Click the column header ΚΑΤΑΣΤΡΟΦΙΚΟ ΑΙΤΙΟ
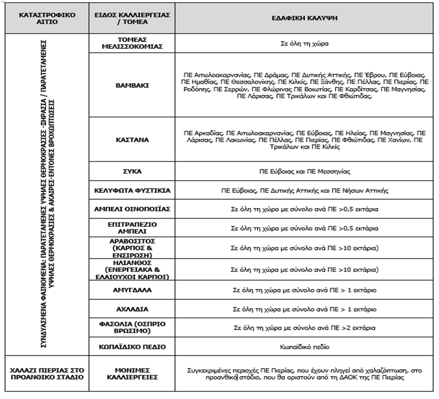pyautogui.click(x=45, y=18)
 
